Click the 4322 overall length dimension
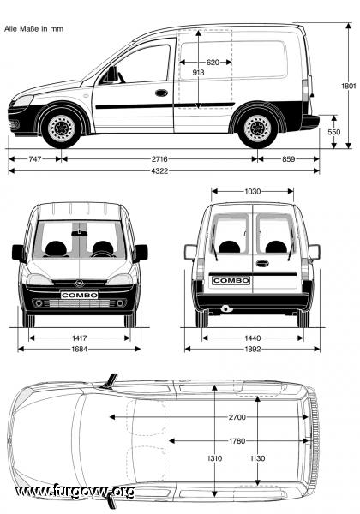click(x=159, y=170)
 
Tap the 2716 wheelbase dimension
click(x=159, y=159)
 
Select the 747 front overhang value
click(x=35, y=159)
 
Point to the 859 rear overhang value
click(x=289, y=159)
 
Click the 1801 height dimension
click(x=348, y=86)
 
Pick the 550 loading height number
click(x=333, y=132)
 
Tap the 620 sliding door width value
click(x=213, y=63)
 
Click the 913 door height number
click(x=198, y=73)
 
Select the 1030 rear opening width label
click(x=253, y=191)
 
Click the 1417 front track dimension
click(x=80, y=338)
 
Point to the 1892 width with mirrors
click(x=253, y=350)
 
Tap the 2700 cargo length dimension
click(x=237, y=417)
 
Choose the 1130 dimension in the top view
click(x=257, y=458)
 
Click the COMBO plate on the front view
click(x=80, y=295)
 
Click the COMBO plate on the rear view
click(x=231, y=281)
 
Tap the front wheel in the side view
click(x=62, y=128)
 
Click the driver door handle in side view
click(x=161, y=93)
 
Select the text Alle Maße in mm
click(x=33, y=29)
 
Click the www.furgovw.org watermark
click(x=75, y=492)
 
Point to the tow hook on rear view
click(x=225, y=308)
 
